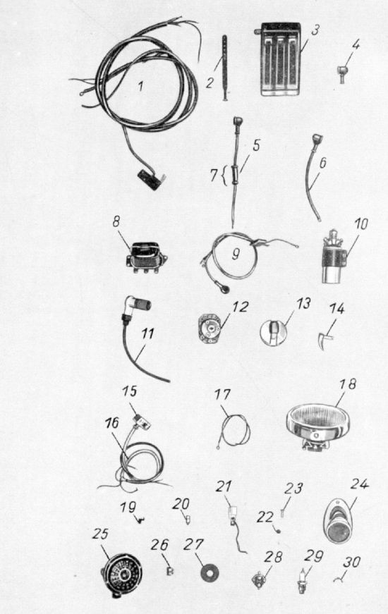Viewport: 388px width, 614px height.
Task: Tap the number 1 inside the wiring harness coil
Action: pos(140,86)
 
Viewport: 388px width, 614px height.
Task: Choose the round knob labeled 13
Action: pos(273,333)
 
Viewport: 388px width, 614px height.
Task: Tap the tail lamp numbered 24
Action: pos(338,520)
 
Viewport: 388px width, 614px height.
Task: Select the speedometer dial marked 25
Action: pos(122,575)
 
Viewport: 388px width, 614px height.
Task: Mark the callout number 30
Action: pos(351,563)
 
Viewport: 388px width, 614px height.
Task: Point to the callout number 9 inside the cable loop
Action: pos(236,254)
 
